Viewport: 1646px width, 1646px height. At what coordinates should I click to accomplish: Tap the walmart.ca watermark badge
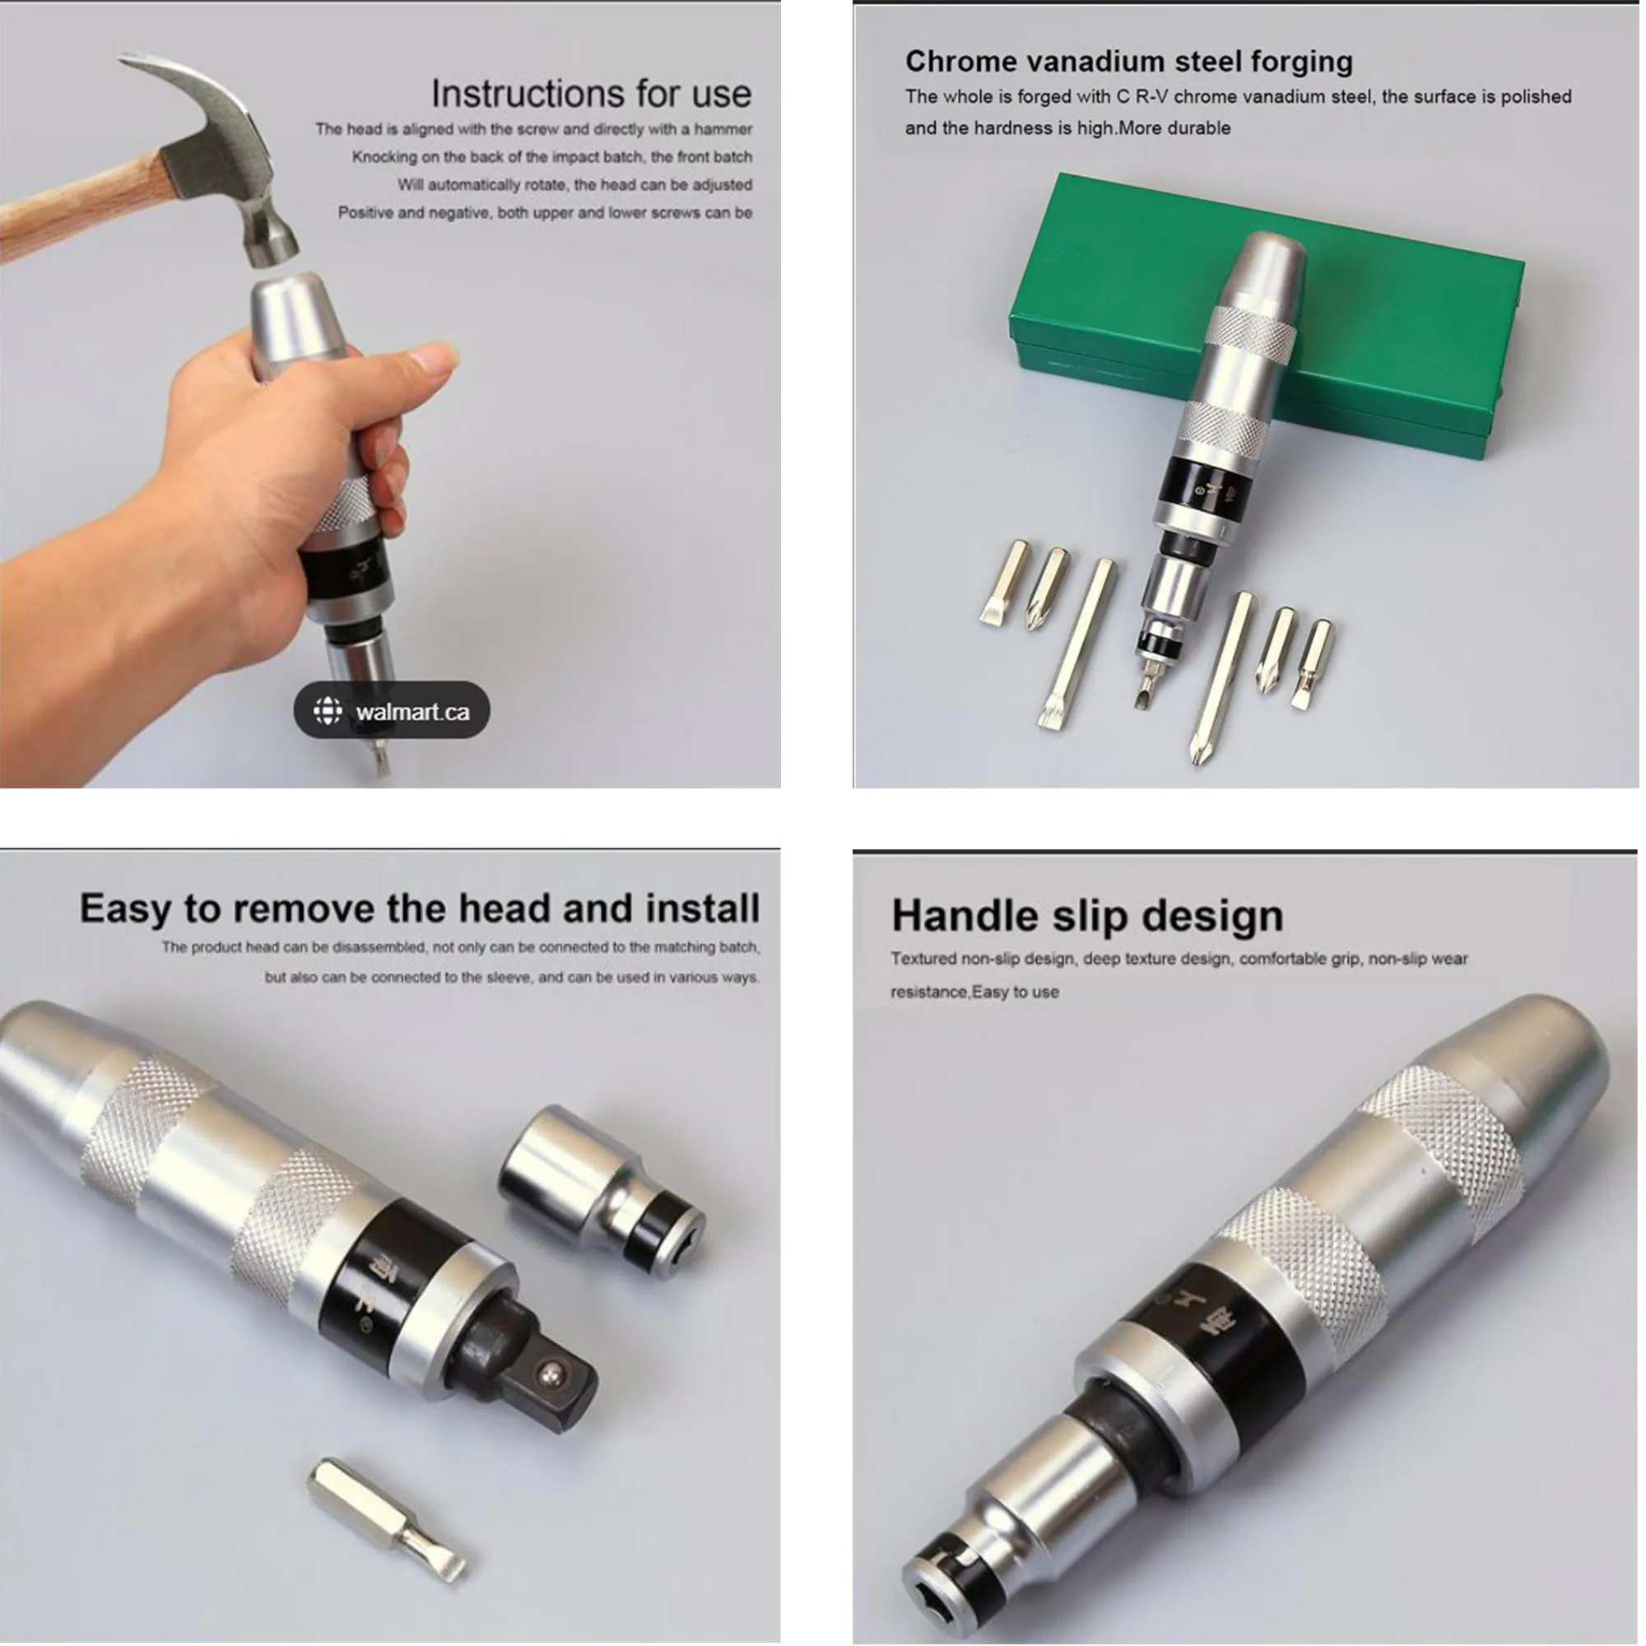(392, 710)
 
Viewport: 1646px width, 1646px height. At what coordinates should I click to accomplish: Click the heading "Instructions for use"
(591, 93)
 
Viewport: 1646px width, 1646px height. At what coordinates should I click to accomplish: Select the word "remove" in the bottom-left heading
(305, 909)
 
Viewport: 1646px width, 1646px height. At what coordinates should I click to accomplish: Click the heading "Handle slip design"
(1087, 916)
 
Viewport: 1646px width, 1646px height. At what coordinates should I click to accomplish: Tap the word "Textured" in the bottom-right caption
(923, 959)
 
